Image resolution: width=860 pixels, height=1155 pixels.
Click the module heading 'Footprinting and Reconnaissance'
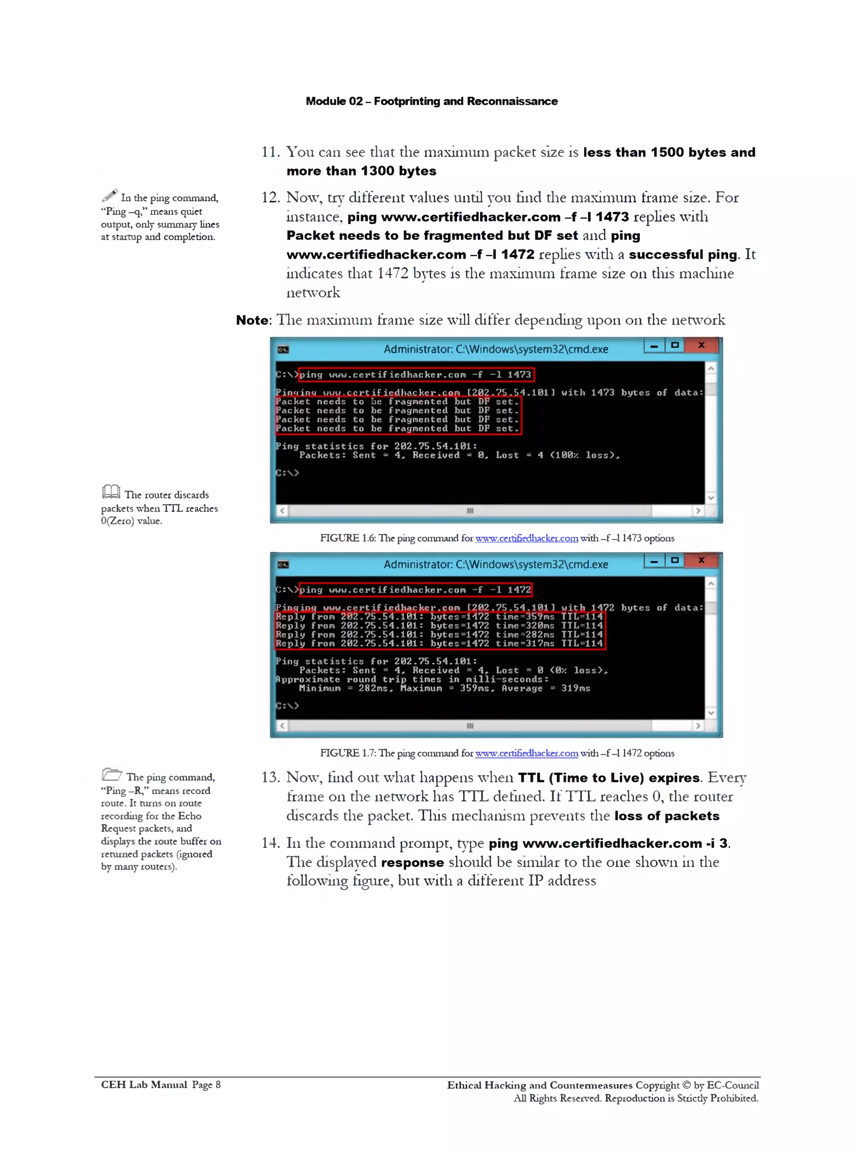tap(465, 101)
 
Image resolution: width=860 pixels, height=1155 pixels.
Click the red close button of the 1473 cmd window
tap(701, 345)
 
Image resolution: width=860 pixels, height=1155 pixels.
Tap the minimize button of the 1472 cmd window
tap(654, 561)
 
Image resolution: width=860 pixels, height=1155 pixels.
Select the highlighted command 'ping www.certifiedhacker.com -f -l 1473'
tap(415, 374)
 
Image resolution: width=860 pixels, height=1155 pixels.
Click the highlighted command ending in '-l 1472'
tap(415, 590)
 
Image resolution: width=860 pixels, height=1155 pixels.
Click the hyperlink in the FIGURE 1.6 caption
tap(526, 538)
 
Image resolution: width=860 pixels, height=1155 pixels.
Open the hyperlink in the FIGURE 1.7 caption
tap(526, 753)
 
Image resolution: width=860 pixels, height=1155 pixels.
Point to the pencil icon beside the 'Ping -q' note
tap(109, 195)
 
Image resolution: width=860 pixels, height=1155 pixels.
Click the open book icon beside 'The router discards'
tap(111, 491)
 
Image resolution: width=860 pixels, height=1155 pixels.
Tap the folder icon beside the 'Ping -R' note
tap(111, 774)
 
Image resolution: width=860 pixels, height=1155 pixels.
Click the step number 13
tap(270, 777)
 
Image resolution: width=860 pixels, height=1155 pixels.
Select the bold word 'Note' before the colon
tap(252, 320)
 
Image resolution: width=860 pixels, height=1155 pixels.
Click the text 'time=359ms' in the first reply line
tap(525, 617)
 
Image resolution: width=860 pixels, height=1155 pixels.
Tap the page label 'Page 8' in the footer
tap(206, 1085)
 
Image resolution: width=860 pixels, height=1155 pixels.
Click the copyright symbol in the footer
tap(686, 1085)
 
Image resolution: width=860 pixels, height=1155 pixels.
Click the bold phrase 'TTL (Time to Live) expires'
tap(608, 777)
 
